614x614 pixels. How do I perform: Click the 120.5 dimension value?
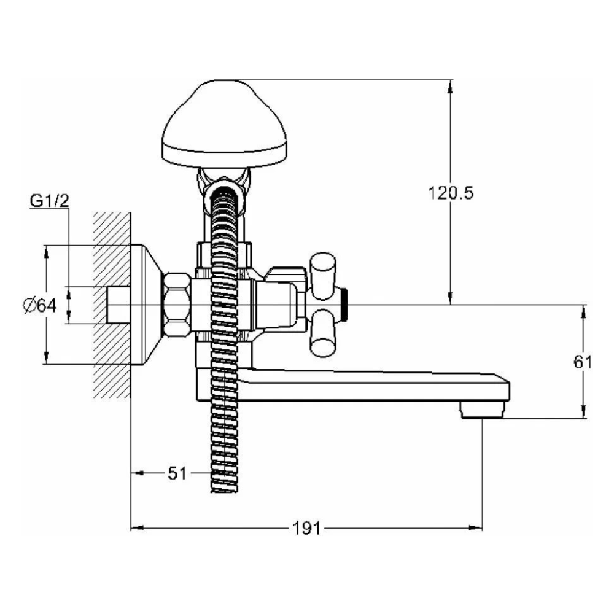point(451,193)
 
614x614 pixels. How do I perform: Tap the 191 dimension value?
point(306,528)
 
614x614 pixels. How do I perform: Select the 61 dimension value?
point(582,362)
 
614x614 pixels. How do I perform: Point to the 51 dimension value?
point(177,473)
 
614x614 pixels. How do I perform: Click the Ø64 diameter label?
point(39,305)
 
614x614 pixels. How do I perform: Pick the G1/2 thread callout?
point(49,201)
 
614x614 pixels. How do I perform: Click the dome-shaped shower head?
point(224,124)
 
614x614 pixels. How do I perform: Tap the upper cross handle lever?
point(323,276)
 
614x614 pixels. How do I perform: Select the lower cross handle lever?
point(323,333)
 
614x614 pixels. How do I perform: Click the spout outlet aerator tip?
point(482,410)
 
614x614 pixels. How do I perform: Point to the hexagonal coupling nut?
point(177,305)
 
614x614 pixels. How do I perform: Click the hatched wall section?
point(112,305)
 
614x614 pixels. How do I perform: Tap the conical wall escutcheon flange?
point(146,305)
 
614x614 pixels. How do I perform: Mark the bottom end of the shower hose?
point(224,491)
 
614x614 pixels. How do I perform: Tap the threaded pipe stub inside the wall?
point(119,305)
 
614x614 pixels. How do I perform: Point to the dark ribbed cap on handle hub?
point(344,305)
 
